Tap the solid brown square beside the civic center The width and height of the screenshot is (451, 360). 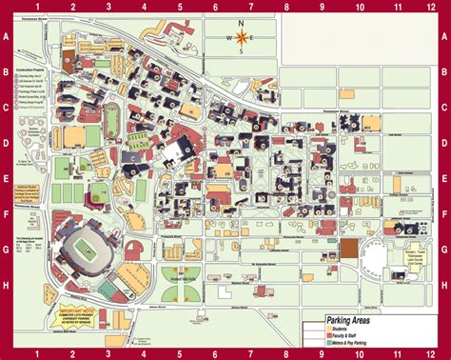351,248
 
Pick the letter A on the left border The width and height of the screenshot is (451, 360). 6,38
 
